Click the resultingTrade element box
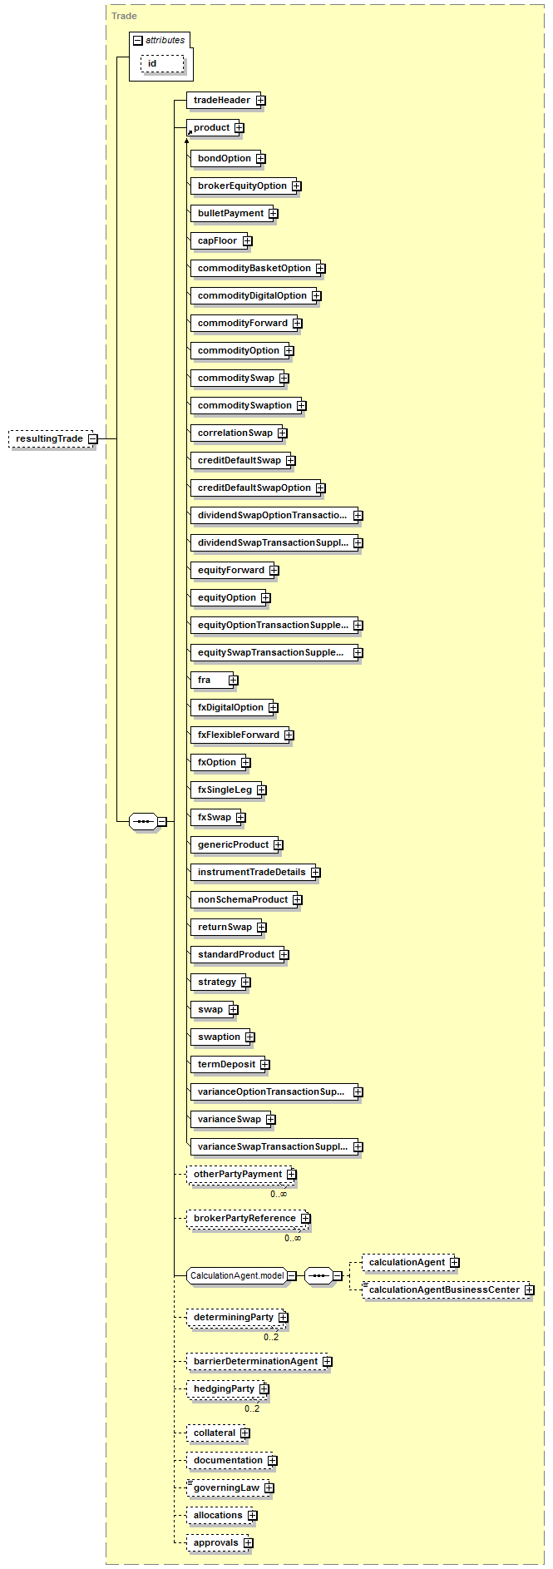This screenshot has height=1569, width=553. tap(49, 438)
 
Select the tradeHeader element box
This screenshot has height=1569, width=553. tap(221, 100)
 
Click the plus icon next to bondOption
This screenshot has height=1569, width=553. tap(261, 159)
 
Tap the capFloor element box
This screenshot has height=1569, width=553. tap(217, 240)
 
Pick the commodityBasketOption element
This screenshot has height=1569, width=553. tap(254, 268)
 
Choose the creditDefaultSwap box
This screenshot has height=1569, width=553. tap(239, 460)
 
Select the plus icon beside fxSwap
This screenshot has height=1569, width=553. tap(241, 818)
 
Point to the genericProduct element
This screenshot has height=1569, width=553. tap(233, 844)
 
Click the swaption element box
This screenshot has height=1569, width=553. tap(219, 1037)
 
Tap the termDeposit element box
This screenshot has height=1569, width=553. tap(226, 1064)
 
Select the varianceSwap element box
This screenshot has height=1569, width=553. tap(229, 1119)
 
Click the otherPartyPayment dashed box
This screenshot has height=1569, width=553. tap(237, 1174)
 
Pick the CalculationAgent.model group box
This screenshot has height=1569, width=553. tap(237, 1275)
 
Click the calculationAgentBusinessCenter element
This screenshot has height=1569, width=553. tap(444, 1289)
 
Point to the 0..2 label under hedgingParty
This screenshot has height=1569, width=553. tap(252, 1408)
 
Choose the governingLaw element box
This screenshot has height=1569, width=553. tap(226, 1487)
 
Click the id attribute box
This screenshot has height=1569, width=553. tap(161, 63)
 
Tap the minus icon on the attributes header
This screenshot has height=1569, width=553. tap(138, 40)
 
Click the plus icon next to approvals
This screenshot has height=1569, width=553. tap(249, 1543)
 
